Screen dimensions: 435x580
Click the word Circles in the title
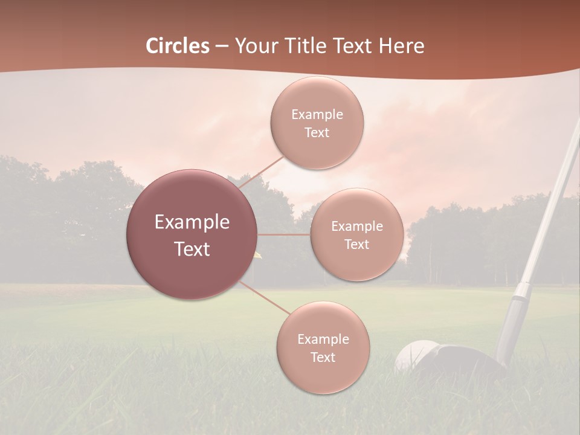click(x=178, y=46)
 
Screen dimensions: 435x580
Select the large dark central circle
click(x=192, y=234)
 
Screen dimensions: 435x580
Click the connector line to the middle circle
click(x=284, y=234)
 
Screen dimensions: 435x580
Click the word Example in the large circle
click(x=192, y=222)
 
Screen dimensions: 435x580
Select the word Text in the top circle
click(x=317, y=133)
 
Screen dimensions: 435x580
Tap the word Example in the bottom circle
click(x=323, y=340)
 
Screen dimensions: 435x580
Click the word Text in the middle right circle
click(x=356, y=245)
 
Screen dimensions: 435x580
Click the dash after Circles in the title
click(x=221, y=47)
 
